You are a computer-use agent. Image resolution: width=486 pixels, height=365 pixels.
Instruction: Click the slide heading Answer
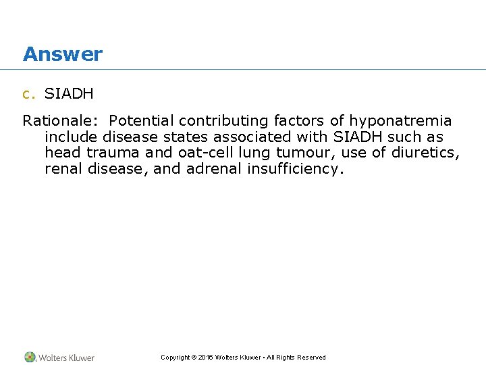(x=62, y=54)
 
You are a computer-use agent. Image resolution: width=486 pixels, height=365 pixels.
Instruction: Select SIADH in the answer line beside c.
(x=69, y=94)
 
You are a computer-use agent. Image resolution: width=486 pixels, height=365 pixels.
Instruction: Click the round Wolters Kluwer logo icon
(x=30, y=357)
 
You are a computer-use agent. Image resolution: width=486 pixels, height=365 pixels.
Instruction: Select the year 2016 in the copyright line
(x=207, y=358)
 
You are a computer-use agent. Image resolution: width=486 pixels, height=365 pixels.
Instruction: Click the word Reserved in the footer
(x=310, y=358)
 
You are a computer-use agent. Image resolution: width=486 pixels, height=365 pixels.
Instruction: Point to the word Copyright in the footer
(x=174, y=358)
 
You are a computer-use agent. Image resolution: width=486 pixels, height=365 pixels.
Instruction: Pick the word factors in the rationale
(x=300, y=121)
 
